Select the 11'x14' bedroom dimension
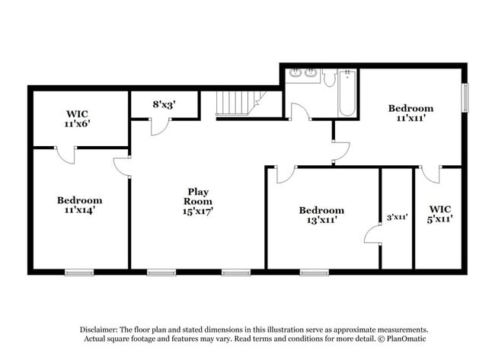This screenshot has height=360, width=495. tap(79, 211)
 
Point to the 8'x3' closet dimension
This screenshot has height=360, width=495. tap(164, 106)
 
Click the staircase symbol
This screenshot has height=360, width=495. tap(238, 102)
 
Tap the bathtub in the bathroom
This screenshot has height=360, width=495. tap(346, 94)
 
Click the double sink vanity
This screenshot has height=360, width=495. tap(302, 74)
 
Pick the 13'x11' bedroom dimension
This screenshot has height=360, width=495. tap(321, 221)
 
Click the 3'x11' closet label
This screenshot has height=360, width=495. tap(396, 217)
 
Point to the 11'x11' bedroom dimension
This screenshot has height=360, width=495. tap(410, 119)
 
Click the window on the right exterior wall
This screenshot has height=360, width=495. tap(465, 97)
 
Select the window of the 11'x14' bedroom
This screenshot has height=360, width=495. tap(78, 272)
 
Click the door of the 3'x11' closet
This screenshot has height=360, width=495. tap(372, 234)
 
